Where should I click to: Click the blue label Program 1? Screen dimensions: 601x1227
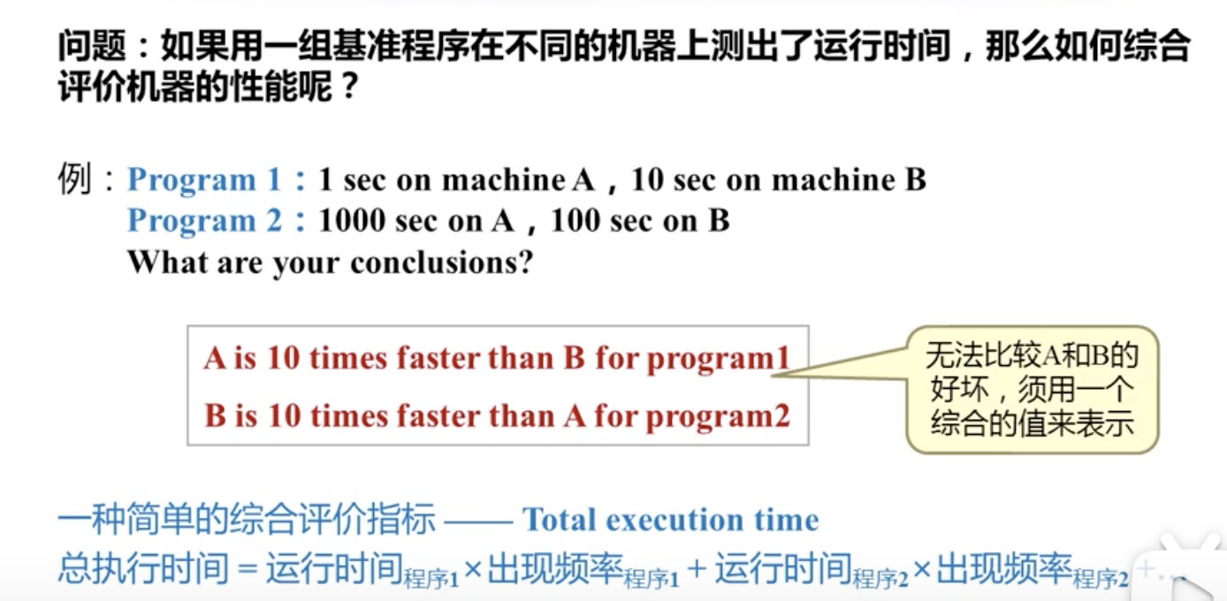pyautogui.click(x=204, y=180)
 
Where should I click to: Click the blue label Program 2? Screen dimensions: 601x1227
pyautogui.click(x=204, y=220)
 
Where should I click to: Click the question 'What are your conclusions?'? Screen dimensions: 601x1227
pyautogui.click(x=330, y=262)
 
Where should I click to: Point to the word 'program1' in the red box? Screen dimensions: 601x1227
pyautogui.click(x=718, y=359)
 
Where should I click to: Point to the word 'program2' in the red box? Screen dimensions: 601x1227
pyautogui.click(x=718, y=415)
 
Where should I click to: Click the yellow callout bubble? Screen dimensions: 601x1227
pyautogui.click(x=1032, y=389)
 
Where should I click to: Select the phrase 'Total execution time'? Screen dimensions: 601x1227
pyautogui.click(x=670, y=521)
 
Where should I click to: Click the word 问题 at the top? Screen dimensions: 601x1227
pyautogui.click(x=87, y=45)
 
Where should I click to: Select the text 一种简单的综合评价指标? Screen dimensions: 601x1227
pyautogui.click(x=246, y=521)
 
